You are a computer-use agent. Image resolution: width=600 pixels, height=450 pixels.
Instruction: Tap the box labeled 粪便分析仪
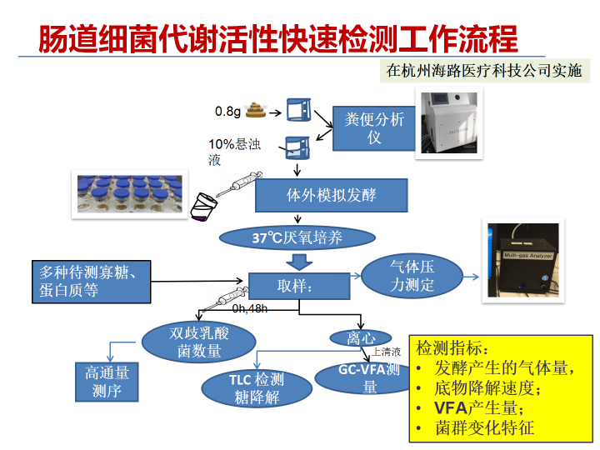click(374, 127)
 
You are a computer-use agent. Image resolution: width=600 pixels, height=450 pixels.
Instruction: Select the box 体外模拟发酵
click(331, 196)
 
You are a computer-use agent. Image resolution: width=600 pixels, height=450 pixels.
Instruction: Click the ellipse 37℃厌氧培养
click(297, 238)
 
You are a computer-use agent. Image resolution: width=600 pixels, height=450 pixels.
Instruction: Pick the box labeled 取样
click(299, 286)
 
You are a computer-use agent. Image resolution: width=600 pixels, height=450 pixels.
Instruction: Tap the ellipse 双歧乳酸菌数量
click(198, 342)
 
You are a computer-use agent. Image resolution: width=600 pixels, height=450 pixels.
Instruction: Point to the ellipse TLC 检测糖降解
click(256, 388)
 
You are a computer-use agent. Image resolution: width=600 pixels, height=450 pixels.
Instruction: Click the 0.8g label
click(227, 111)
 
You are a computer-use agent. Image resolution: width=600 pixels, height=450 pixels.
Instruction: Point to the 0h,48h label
click(250, 308)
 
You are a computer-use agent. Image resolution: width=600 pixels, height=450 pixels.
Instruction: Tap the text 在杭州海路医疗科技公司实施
click(482, 71)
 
